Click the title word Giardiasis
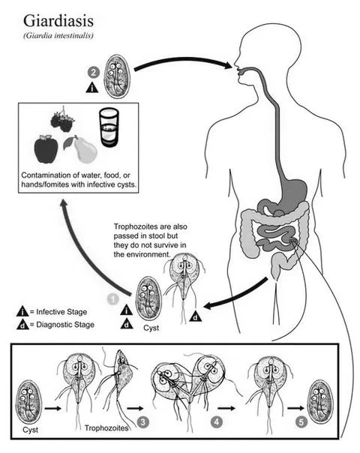58,22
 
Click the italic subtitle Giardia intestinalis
58,35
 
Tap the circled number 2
93,73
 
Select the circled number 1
113,299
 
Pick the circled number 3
143,422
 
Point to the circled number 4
217,422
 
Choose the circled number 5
301,422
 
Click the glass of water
109,127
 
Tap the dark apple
46,149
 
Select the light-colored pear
82,149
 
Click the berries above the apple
63,120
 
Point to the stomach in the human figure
289,197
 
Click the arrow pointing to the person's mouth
182,61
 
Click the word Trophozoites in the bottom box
106,427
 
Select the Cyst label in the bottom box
30,430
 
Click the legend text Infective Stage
61,312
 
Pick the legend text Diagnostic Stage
65,325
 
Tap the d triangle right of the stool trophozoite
195,317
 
